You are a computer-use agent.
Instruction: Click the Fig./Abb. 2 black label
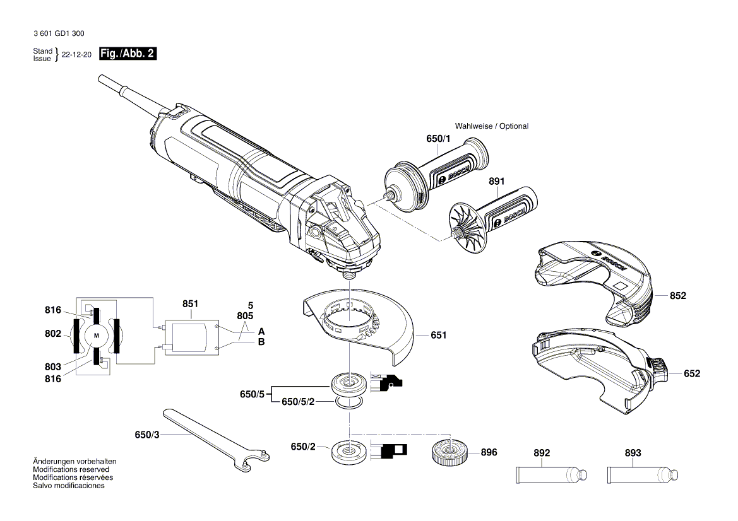pyautogui.click(x=128, y=54)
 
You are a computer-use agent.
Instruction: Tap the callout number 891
pyautogui.click(x=497, y=181)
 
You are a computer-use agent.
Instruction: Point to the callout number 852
pyautogui.click(x=677, y=295)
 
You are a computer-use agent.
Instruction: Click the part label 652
pyautogui.click(x=692, y=373)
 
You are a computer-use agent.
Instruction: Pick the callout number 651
pyautogui.click(x=438, y=335)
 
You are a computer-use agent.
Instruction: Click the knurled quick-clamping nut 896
pyautogui.click(x=449, y=452)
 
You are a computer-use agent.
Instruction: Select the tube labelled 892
pyautogui.click(x=551, y=474)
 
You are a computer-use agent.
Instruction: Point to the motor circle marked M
pyautogui.click(x=97, y=336)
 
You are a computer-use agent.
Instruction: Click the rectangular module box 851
pyautogui.click(x=189, y=337)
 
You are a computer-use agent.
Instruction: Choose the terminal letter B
pyautogui.click(x=261, y=342)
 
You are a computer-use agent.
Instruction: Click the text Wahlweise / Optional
pyautogui.click(x=491, y=126)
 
